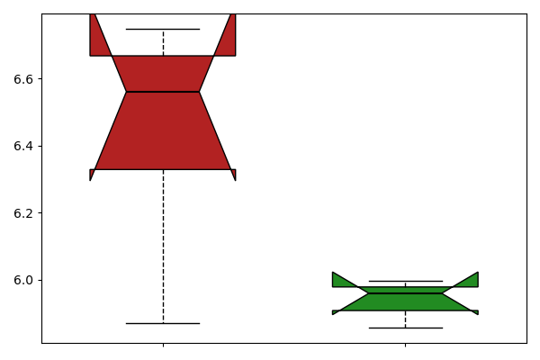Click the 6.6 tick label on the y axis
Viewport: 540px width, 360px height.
pos(23,79)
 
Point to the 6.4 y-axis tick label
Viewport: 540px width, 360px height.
pos(23,146)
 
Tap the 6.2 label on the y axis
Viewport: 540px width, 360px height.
pos(23,213)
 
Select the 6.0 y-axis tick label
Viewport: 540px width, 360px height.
pos(23,280)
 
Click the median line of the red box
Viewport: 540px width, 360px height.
pos(163,92)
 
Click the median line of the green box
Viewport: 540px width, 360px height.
pos(405,293)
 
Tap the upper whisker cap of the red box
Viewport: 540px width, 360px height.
pos(163,30)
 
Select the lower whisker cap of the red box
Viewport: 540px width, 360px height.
pos(163,323)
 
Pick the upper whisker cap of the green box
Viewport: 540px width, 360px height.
pos(406,281)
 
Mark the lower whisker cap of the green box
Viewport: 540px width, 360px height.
pos(406,328)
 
